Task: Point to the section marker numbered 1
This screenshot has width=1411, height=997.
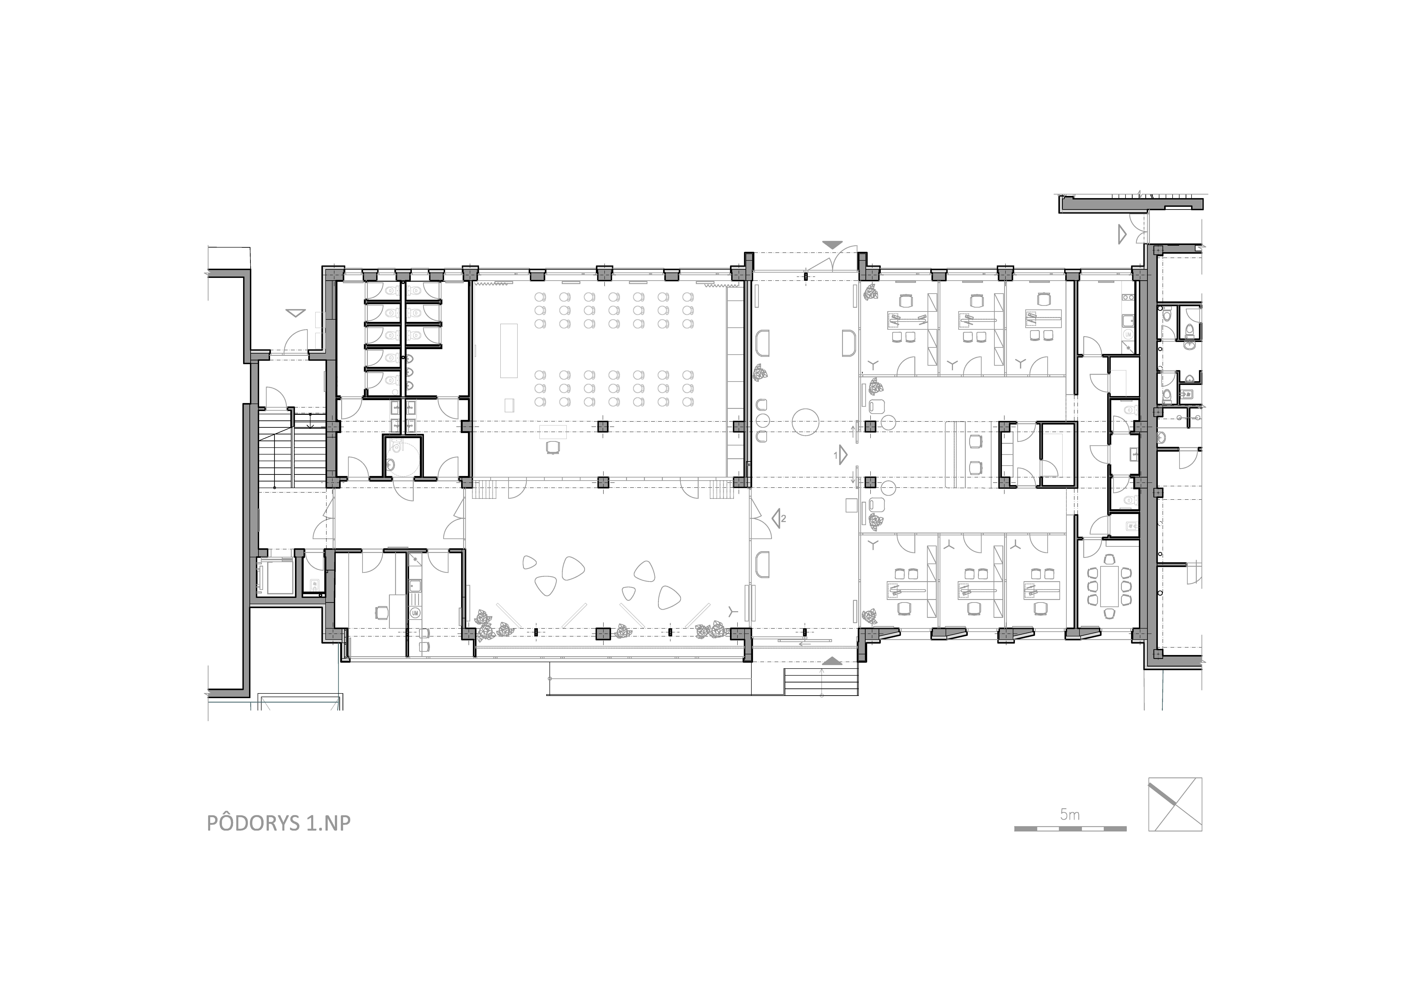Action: (841, 455)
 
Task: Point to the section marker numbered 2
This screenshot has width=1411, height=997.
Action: (779, 518)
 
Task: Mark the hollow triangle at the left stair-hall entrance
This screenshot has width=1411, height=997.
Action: (296, 313)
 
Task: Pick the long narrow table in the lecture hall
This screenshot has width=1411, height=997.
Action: (509, 350)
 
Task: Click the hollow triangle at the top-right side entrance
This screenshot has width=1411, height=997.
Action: (1121, 234)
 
